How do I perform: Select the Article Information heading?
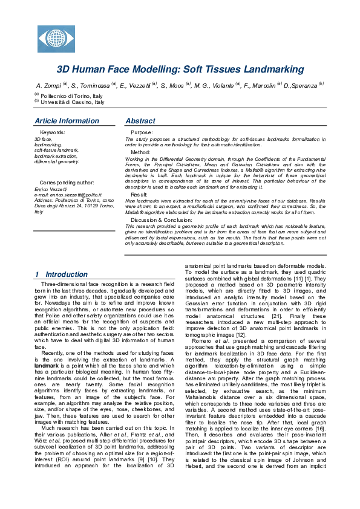(67, 121)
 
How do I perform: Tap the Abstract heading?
(140, 121)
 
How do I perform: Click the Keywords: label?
(52, 132)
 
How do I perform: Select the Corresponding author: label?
(67, 182)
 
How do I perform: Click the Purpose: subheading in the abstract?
(142, 132)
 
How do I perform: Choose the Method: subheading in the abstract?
(140, 152)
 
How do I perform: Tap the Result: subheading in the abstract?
(139, 195)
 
